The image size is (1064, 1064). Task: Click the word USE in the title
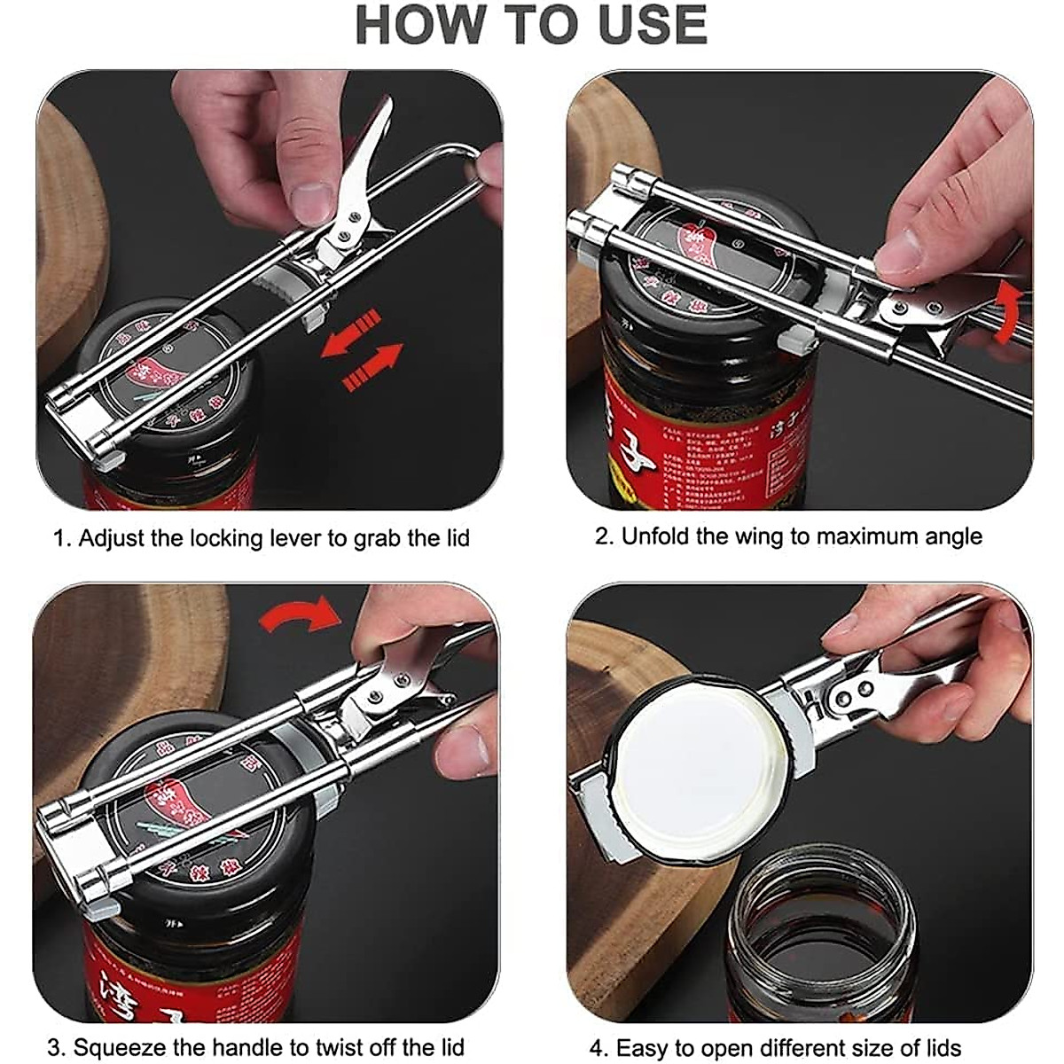click(x=653, y=25)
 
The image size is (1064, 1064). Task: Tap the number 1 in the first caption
click(x=59, y=538)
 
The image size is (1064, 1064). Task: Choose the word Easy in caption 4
click(x=642, y=1047)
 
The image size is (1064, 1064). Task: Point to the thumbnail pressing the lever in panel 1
click(x=312, y=203)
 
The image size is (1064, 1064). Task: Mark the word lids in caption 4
click(x=939, y=1047)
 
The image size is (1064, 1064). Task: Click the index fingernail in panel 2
click(x=897, y=251)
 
